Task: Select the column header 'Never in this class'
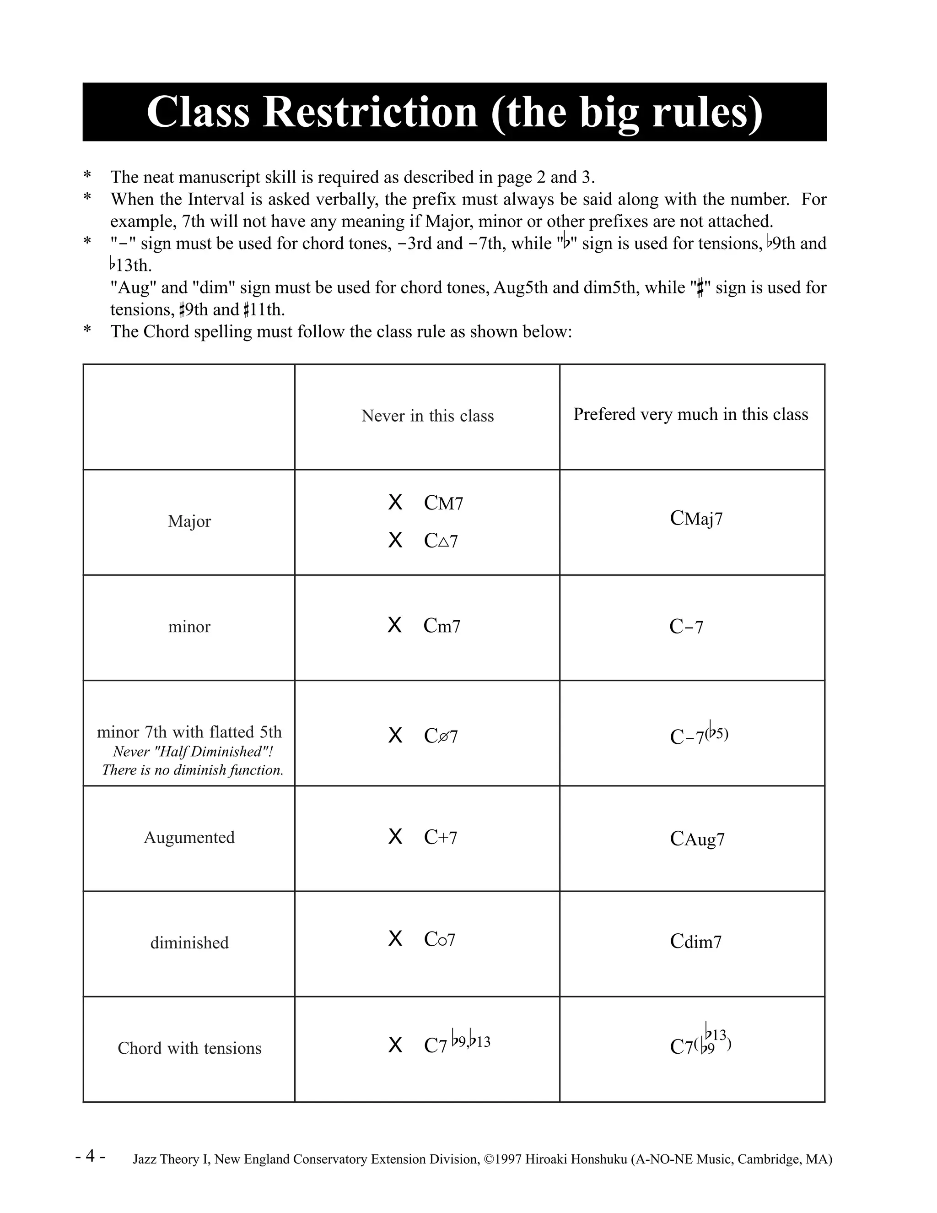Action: click(427, 416)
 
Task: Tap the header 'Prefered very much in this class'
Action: click(690, 414)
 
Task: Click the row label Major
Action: click(189, 521)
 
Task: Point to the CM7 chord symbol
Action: click(443, 503)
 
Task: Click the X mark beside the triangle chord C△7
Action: click(395, 540)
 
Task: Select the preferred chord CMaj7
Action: click(696, 519)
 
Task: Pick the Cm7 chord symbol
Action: click(442, 626)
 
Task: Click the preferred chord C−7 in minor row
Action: click(686, 627)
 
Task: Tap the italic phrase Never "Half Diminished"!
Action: click(193, 752)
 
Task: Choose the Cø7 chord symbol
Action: click(441, 736)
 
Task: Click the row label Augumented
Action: click(189, 837)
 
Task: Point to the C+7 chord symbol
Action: click(440, 837)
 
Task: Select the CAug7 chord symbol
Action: click(697, 839)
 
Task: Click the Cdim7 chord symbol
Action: click(695, 942)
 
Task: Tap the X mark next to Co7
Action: click(395, 939)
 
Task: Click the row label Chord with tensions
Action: click(189, 1048)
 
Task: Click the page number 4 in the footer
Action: click(91, 1156)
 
